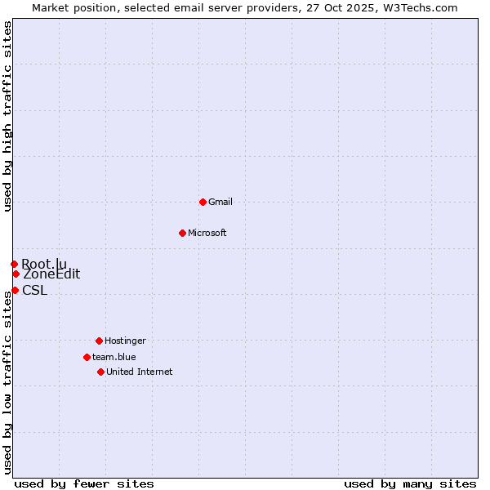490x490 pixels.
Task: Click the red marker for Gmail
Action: point(203,202)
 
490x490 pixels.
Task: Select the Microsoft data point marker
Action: point(182,233)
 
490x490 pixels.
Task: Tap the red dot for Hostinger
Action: point(99,341)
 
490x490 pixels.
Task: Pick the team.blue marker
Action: point(87,357)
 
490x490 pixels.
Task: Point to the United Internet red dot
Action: point(100,372)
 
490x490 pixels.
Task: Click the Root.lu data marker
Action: point(14,264)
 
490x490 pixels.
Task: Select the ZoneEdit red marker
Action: point(16,274)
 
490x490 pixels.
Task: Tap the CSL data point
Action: point(15,290)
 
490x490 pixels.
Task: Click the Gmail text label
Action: point(220,202)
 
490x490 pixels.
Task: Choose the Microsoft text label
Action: point(207,233)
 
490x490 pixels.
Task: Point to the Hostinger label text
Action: point(125,341)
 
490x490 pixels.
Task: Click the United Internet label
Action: point(140,372)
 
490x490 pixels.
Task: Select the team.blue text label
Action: point(114,357)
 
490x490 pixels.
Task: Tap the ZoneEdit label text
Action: point(51,274)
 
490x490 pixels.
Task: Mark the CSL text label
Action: point(35,291)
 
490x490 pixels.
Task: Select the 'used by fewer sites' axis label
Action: point(84,483)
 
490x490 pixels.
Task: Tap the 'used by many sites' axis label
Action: point(410,483)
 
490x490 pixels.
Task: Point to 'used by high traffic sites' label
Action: point(7,116)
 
